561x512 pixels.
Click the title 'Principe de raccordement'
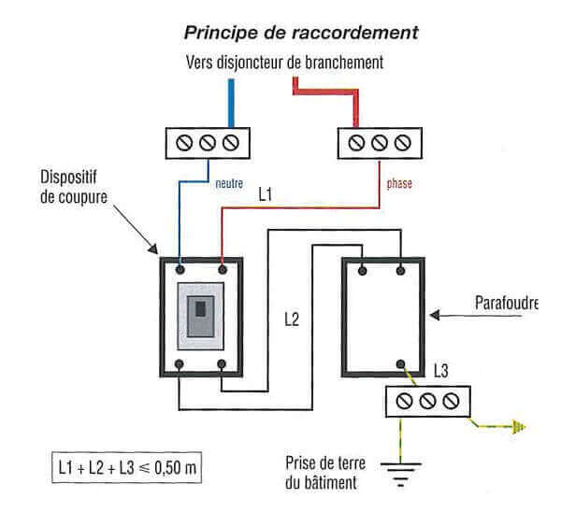[x=299, y=33]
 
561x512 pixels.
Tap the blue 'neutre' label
[x=229, y=184]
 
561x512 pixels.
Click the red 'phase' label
[x=399, y=184]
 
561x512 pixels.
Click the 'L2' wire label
[x=291, y=320]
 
